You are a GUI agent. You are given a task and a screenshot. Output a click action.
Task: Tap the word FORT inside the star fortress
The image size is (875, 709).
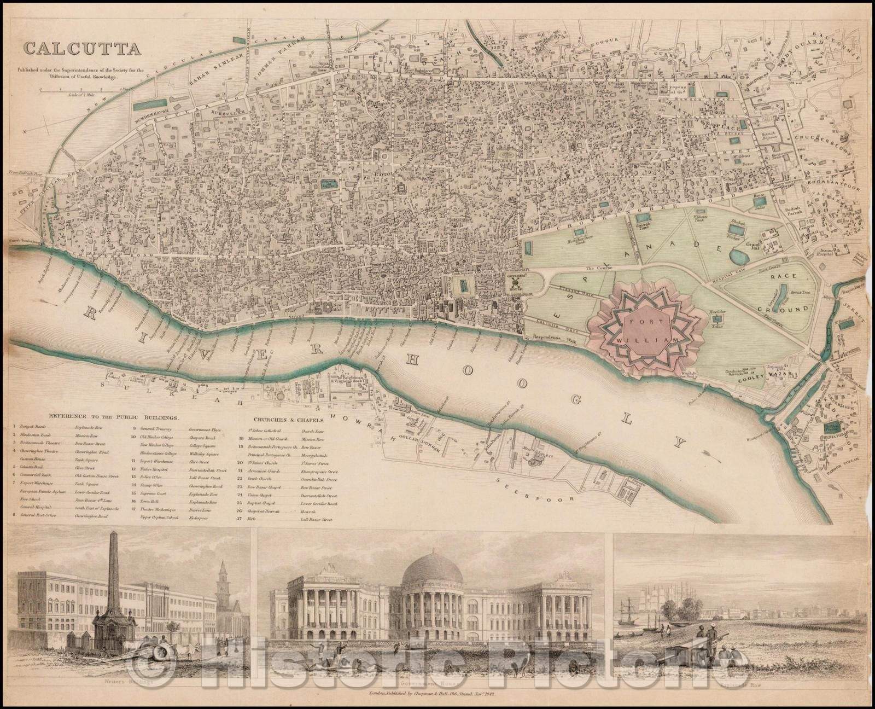(639, 323)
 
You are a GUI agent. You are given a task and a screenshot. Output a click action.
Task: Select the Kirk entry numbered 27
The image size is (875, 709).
(252, 517)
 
